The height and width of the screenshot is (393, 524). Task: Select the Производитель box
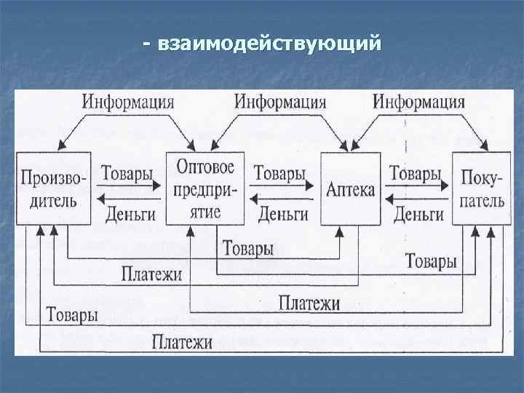(53, 188)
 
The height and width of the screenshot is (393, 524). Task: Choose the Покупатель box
(481, 188)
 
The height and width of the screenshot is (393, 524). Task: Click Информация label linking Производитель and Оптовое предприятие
(127, 100)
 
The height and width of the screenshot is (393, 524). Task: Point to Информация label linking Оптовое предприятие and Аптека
(279, 100)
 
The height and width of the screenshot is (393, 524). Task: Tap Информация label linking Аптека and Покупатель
(418, 100)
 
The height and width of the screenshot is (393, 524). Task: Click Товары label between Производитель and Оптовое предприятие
(127, 174)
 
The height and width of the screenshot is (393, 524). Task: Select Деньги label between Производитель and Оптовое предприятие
(130, 213)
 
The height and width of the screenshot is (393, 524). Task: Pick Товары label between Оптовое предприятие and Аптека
(279, 174)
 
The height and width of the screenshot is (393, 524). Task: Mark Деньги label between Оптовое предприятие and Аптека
(283, 213)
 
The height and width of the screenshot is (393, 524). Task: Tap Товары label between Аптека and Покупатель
(415, 174)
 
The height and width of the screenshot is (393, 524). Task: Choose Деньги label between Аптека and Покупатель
(418, 213)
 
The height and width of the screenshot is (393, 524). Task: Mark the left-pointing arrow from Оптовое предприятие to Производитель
(129, 199)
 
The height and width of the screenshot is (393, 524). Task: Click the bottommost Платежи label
(182, 340)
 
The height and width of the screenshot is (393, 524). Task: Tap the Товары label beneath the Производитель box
(72, 316)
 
